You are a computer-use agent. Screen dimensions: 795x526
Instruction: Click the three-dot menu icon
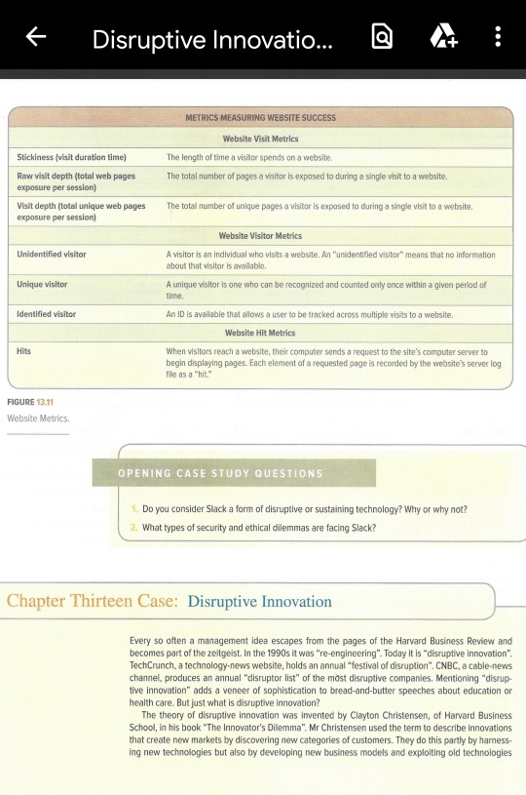click(x=499, y=38)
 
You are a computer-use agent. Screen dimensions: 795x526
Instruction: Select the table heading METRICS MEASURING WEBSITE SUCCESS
click(x=260, y=118)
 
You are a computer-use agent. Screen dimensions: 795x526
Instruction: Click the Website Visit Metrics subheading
click(x=260, y=139)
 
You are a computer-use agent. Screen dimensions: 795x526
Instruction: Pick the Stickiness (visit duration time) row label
click(x=71, y=156)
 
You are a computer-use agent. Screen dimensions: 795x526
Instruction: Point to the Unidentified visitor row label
click(x=52, y=254)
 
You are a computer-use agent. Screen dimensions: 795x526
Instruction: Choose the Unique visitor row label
click(x=43, y=283)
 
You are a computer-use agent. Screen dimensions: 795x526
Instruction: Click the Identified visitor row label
click(x=47, y=315)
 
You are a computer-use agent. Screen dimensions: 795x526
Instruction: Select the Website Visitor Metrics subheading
click(x=260, y=236)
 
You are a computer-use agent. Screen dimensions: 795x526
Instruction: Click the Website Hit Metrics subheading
click(x=260, y=333)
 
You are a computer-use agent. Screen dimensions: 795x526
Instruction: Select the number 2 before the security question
click(x=133, y=528)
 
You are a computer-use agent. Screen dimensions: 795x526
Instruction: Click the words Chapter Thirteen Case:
click(x=92, y=601)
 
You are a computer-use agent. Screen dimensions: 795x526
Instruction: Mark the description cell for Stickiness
click(x=250, y=156)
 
